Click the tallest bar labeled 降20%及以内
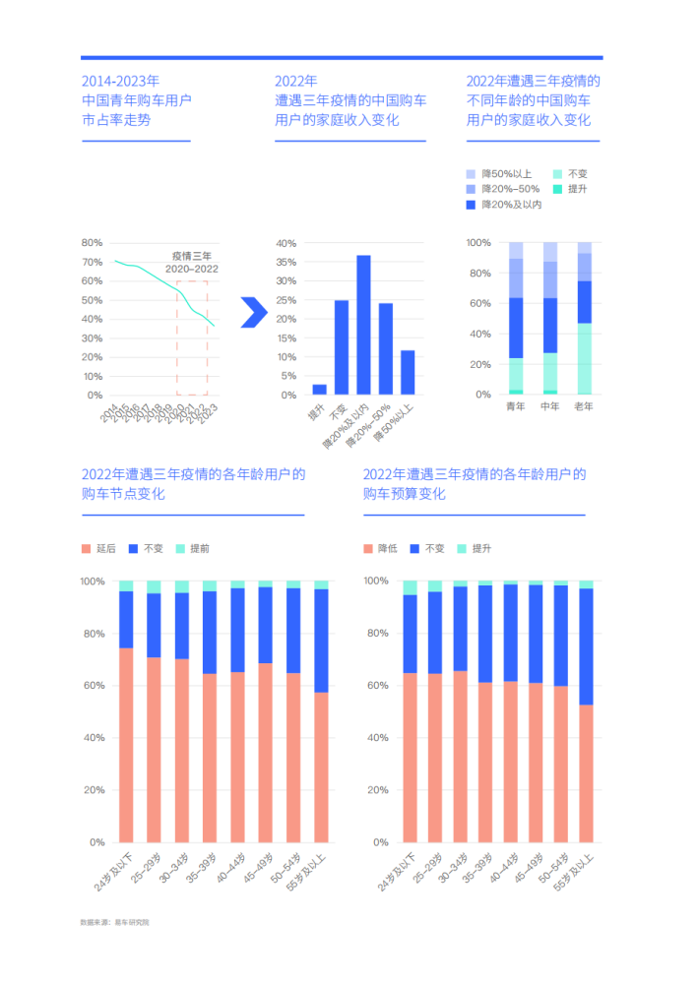click(x=363, y=325)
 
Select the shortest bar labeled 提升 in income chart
click(x=319, y=390)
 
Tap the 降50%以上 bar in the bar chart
click(x=408, y=372)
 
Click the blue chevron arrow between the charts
click(x=253, y=312)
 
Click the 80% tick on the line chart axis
click(x=92, y=243)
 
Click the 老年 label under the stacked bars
click(x=585, y=406)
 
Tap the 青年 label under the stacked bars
click(x=516, y=406)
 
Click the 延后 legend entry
click(x=99, y=548)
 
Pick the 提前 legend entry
click(x=193, y=548)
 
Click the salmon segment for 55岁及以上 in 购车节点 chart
click(x=321, y=767)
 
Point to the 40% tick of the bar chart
click(x=286, y=243)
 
